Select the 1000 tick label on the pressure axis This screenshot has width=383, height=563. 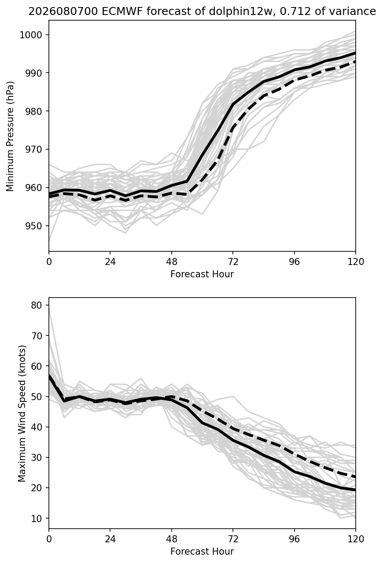pyautogui.click(x=31, y=35)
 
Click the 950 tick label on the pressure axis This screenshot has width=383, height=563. pyautogui.click(x=33, y=226)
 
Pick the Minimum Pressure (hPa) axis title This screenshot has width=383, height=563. pyautogui.click(x=10, y=136)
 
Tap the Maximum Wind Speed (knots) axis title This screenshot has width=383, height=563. pyautogui.click(x=22, y=413)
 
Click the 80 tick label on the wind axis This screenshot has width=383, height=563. pyautogui.click(x=36, y=305)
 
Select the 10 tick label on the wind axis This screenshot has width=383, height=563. pyautogui.click(x=36, y=518)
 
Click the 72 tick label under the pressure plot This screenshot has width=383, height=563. pyautogui.click(x=233, y=262)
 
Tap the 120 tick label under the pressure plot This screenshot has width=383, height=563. pyautogui.click(x=356, y=262)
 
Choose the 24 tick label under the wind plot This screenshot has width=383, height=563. pyautogui.click(x=110, y=539)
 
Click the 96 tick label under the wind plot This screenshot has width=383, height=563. pyautogui.click(x=294, y=539)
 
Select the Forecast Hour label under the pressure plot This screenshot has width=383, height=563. pyautogui.click(x=202, y=274)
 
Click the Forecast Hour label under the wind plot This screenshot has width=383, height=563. pyautogui.click(x=202, y=552)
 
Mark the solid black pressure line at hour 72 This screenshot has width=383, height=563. pyautogui.click(x=233, y=104)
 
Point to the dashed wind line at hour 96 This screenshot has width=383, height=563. pyautogui.click(x=294, y=455)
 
